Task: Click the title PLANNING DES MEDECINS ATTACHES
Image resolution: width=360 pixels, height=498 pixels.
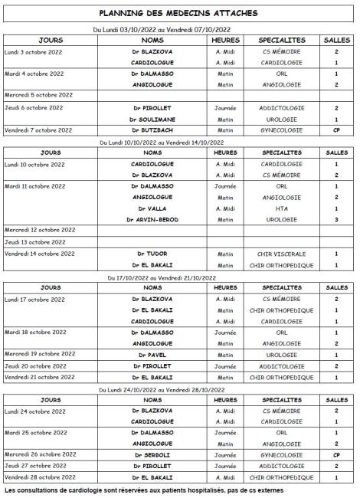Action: [x=178, y=13]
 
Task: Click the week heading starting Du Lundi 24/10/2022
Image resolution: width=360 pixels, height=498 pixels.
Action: [x=178, y=388]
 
